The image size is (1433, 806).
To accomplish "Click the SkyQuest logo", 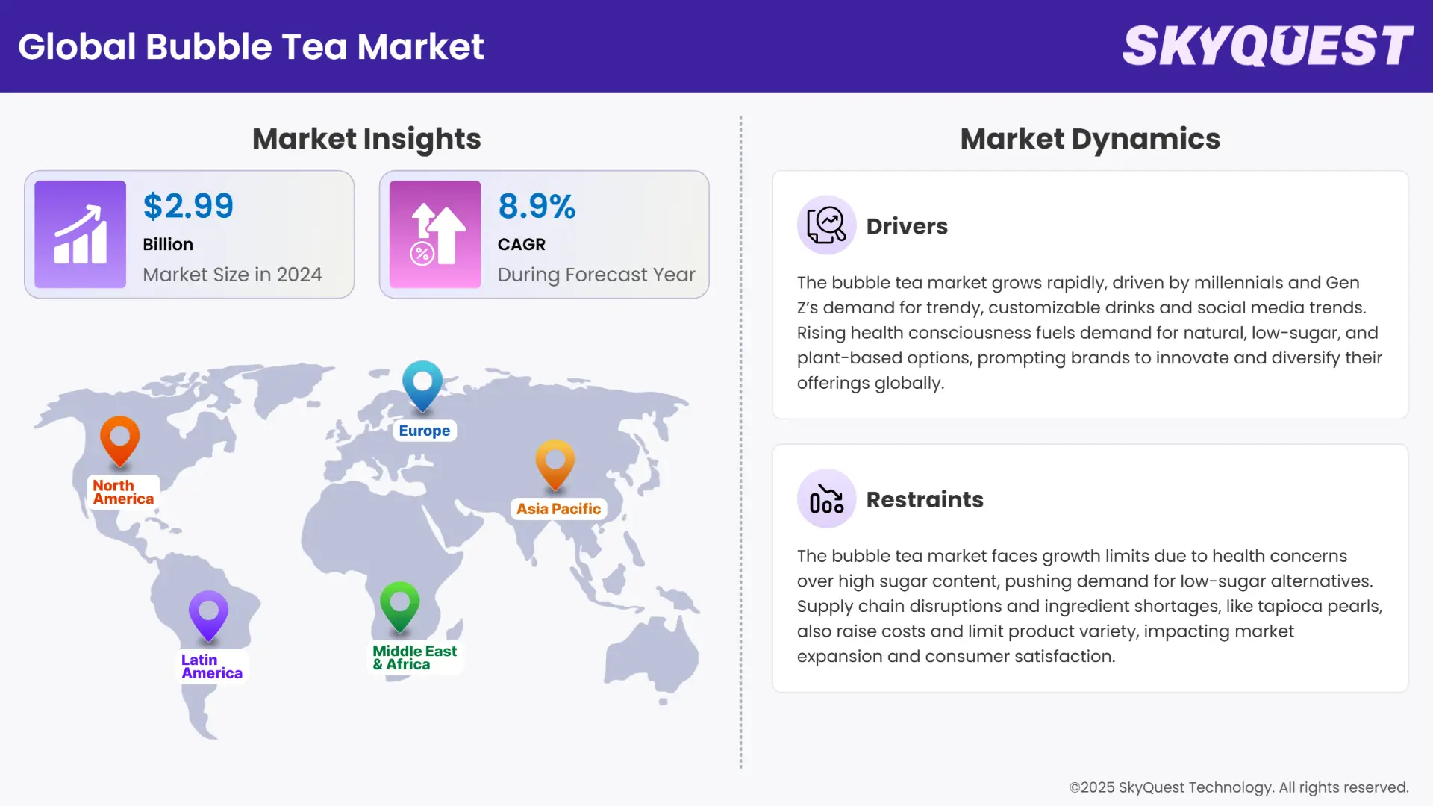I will click(x=1267, y=46).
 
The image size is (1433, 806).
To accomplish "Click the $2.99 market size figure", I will click(x=188, y=207).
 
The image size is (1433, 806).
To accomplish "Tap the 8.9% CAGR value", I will click(x=537, y=207).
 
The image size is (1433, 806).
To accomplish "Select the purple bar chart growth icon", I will click(x=80, y=234).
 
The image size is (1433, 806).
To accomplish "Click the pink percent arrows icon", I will click(x=435, y=234).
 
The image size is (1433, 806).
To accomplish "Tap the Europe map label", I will click(x=424, y=431).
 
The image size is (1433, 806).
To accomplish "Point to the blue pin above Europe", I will click(x=422, y=384).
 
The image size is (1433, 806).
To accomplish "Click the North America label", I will click(x=123, y=493).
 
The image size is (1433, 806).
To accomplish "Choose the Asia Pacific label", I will click(x=558, y=509).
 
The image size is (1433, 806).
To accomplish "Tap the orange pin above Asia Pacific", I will click(x=555, y=463).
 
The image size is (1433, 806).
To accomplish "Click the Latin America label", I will click(x=211, y=666).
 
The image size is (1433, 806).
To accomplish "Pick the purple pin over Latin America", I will click(x=208, y=614).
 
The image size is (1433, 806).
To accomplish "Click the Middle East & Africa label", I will click(x=414, y=657).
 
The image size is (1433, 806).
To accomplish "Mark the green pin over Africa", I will click(x=399, y=604).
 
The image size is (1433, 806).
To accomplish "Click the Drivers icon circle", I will click(x=826, y=225).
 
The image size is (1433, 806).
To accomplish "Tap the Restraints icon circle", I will click(x=826, y=499).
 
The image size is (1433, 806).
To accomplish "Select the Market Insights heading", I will click(x=366, y=139).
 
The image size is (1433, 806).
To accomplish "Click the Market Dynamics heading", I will click(x=1090, y=139).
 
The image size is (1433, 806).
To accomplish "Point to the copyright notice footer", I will click(x=1238, y=787).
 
